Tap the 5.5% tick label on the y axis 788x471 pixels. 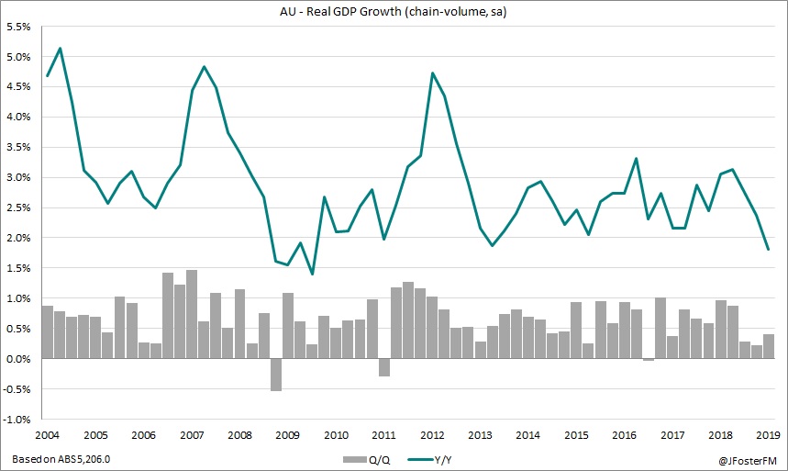click(x=19, y=27)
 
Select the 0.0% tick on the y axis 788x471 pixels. click(x=19, y=359)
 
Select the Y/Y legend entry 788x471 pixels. click(x=429, y=457)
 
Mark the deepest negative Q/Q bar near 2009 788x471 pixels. click(x=275, y=375)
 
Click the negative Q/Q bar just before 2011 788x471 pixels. click(x=384, y=367)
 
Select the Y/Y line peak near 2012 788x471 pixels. click(x=432, y=73)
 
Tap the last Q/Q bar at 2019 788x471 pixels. click(x=768, y=347)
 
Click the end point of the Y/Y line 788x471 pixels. click(x=768, y=249)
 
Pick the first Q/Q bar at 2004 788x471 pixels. click(x=48, y=332)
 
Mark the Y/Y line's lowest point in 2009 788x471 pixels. click(x=312, y=274)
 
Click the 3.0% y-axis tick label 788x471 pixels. click(x=19, y=177)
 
